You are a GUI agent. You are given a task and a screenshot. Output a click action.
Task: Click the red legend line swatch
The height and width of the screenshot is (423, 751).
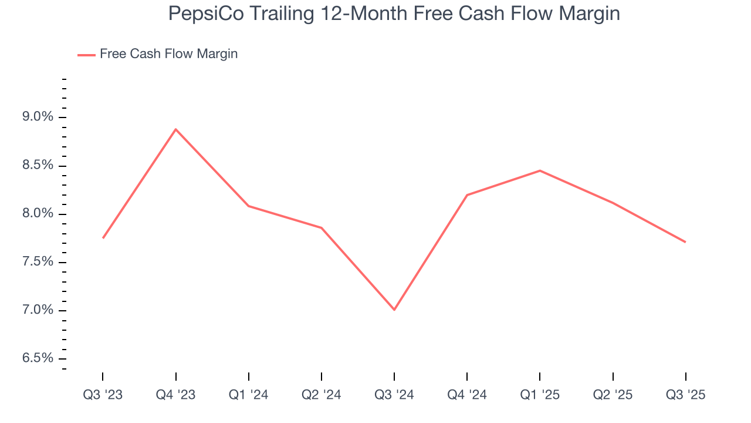[86, 55]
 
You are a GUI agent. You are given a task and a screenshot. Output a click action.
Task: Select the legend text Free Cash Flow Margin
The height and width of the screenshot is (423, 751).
[168, 54]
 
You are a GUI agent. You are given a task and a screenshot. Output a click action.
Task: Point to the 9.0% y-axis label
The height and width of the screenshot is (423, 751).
[37, 117]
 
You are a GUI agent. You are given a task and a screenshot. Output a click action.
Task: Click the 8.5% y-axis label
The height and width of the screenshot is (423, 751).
[37, 166]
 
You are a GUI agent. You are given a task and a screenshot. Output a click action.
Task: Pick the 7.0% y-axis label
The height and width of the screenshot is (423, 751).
[37, 310]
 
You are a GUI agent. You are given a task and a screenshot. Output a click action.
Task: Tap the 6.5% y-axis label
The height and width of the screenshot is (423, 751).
[37, 358]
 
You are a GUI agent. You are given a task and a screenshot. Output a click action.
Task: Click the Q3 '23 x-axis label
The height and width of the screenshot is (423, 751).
[103, 395]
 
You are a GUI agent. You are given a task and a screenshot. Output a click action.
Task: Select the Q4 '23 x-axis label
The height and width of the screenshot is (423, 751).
[175, 395]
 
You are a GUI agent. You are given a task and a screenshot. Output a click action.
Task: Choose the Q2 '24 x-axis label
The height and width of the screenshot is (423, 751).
[322, 395]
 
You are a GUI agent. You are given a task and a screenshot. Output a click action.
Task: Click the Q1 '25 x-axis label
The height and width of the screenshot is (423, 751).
[540, 395]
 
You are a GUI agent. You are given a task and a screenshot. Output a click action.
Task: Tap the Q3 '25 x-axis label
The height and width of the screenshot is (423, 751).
[685, 395]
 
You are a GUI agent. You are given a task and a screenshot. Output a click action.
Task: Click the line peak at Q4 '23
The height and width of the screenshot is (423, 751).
[175, 129]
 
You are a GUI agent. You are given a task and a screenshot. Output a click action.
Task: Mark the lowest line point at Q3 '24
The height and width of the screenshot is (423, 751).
[394, 310]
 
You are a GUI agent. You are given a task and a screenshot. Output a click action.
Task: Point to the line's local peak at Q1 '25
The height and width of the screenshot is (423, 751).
[540, 170]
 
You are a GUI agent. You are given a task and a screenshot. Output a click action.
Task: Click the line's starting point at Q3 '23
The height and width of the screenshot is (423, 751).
[103, 238]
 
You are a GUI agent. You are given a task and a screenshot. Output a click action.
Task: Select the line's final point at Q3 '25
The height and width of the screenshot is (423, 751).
[685, 242]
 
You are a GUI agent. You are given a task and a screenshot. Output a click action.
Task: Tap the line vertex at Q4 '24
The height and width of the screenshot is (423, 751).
[467, 195]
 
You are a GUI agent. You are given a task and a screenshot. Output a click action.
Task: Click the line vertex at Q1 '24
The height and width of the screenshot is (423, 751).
[249, 206]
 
